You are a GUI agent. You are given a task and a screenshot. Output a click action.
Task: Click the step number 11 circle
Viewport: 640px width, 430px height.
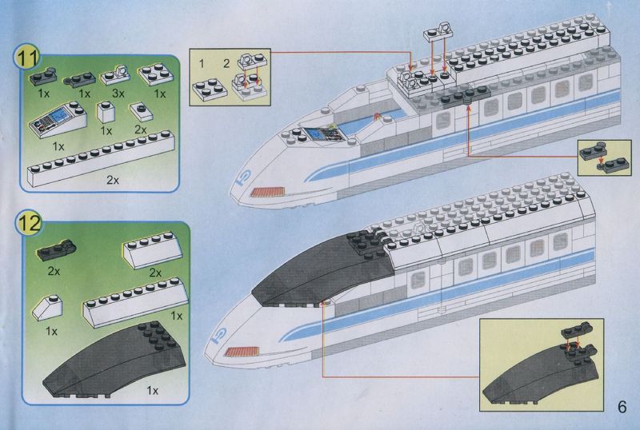(27, 58)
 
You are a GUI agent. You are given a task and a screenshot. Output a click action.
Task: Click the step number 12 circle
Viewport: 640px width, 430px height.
(29, 224)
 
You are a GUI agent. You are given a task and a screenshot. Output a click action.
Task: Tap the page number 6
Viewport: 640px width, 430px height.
(622, 406)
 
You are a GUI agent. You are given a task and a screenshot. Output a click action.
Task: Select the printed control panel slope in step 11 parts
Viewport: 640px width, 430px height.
(58, 120)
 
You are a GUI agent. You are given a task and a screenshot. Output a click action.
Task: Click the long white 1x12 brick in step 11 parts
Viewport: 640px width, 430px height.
(101, 159)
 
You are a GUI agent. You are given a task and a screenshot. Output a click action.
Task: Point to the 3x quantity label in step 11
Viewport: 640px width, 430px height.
(118, 94)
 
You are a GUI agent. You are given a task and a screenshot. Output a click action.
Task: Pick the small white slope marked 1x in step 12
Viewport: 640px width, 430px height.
(47, 308)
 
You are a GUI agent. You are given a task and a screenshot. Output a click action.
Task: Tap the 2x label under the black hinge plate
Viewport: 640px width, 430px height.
(54, 271)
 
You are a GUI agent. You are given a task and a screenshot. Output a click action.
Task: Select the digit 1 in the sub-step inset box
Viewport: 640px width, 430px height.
(202, 63)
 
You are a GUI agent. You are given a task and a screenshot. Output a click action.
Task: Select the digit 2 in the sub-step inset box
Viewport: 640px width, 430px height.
(226, 63)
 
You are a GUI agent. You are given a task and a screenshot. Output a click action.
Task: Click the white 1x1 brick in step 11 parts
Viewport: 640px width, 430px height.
(106, 112)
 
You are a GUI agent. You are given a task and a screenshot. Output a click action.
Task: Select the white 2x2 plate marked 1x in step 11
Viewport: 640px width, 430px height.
(156, 74)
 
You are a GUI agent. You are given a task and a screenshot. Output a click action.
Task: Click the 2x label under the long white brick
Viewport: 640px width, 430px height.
(113, 180)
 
